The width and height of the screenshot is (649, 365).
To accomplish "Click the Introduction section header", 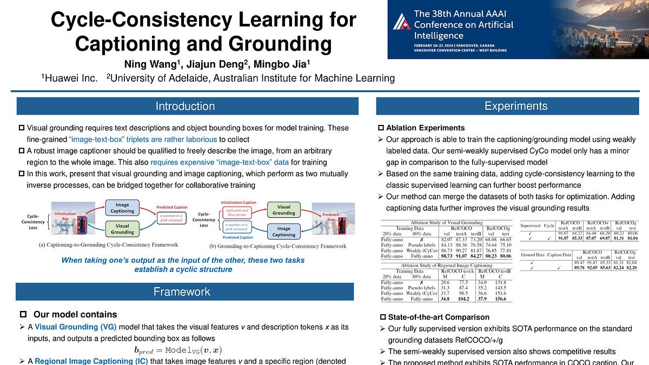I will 186,107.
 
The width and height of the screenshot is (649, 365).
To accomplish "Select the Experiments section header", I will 516,107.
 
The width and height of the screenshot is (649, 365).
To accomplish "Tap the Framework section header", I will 182,292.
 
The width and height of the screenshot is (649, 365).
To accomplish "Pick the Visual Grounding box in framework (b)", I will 283,210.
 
